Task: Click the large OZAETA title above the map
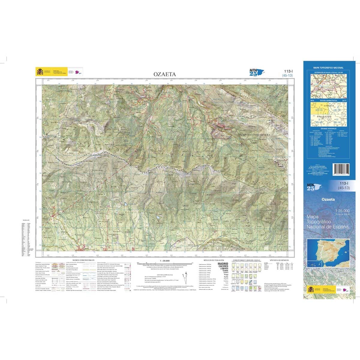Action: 165,74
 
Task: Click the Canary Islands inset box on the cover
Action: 312,263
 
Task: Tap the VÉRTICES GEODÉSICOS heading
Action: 279,260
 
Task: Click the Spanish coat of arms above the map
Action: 40,72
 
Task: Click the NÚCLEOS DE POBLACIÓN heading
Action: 214,260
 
